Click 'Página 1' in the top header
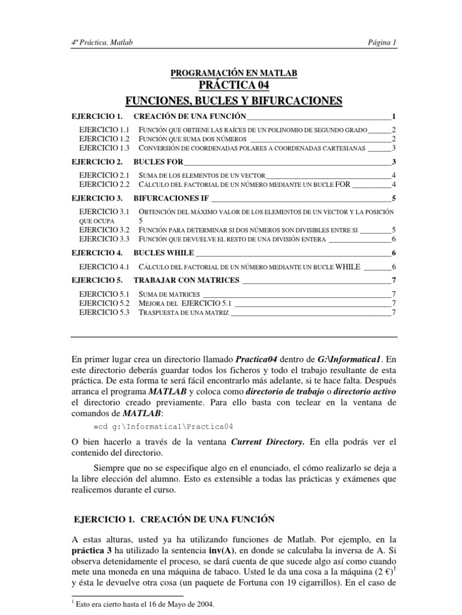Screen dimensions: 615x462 382,43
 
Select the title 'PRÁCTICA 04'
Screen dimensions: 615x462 234,85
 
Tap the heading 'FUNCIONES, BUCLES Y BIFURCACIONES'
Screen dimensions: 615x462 233,100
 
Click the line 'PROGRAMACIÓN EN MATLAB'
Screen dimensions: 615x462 234,73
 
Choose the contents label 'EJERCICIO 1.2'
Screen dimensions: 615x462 104,139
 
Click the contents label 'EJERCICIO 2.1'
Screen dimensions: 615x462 104,175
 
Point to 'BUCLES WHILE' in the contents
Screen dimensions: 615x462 159,253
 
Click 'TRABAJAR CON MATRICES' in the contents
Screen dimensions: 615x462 186,280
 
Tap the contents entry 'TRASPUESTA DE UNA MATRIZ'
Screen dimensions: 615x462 183,313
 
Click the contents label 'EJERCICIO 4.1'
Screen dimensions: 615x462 104,267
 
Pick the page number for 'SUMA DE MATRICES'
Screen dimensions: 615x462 393,294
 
